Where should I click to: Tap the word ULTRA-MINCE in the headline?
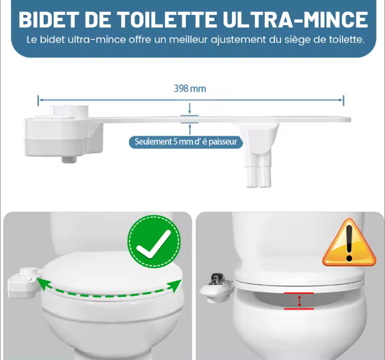pos(295,19)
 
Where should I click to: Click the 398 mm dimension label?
pos(190,89)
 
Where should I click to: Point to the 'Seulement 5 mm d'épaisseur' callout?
pos(186,142)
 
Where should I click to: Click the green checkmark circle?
pos(154,242)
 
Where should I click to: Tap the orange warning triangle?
pos(349,243)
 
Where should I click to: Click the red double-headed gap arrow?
pos(299,301)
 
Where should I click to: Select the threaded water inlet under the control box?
pos(69,160)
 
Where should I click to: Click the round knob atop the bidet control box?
pos(69,111)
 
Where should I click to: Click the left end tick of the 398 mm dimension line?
pos(38,100)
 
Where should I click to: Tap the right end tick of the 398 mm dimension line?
pos(344,100)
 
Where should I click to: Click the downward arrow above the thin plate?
pos(190,109)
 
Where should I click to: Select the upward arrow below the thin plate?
pos(190,129)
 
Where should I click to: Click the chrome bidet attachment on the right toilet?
pos(216,287)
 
